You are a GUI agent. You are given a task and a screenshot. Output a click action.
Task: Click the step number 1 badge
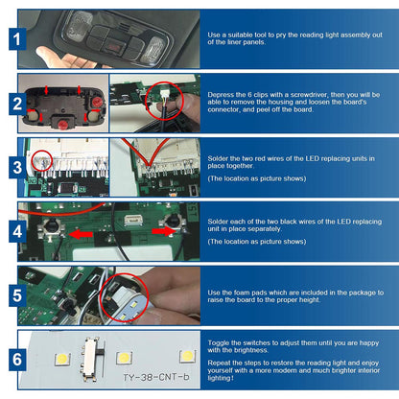click(17, 39)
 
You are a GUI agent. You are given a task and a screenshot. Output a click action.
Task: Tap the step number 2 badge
click(17, 104)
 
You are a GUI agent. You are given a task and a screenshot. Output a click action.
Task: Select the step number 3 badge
click(17, 168)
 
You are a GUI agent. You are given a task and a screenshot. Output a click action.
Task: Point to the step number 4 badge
click(17, 231)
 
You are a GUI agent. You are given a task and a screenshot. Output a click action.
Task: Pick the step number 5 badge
click(17, 295)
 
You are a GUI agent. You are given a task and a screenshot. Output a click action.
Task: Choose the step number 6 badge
click(17, 360)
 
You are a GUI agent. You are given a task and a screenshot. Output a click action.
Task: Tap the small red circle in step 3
click(33, 160)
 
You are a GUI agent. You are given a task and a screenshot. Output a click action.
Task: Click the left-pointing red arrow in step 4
click(81, 235)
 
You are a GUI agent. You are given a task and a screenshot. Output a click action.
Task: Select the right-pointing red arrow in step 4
click(164, 231)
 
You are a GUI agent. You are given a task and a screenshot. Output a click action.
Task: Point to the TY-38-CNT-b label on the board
click(156, 377)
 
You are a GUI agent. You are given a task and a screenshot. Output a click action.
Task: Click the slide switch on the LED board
click(91, 360)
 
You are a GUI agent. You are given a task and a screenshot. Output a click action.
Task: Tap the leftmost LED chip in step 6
click(62, 359)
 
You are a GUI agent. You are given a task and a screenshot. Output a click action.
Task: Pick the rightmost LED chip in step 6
click(187, 356)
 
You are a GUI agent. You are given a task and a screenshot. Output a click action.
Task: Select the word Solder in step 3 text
click(218, 158)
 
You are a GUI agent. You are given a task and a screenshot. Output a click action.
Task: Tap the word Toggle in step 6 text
click(219, 343)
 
